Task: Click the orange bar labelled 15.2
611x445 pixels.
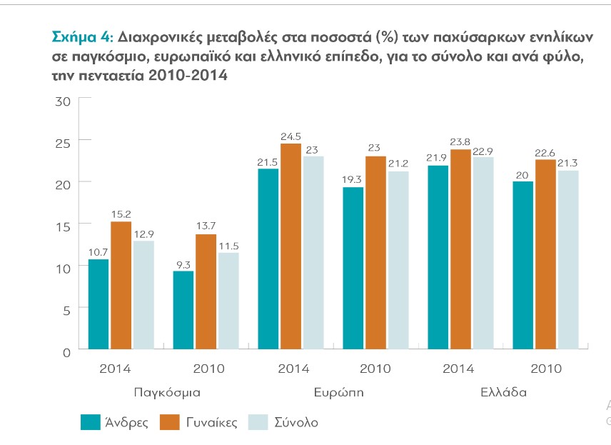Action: [121, 286]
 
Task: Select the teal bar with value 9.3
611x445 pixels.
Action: [183, 311]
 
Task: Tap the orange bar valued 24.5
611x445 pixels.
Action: [291, 247]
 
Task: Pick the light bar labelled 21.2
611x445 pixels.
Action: [398, 261]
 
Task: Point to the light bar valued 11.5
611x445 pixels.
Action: [228, 301]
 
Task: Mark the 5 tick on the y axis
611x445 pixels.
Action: [66, 310]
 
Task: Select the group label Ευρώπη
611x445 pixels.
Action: [335, 393]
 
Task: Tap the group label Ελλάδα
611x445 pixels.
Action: [503, 393]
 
